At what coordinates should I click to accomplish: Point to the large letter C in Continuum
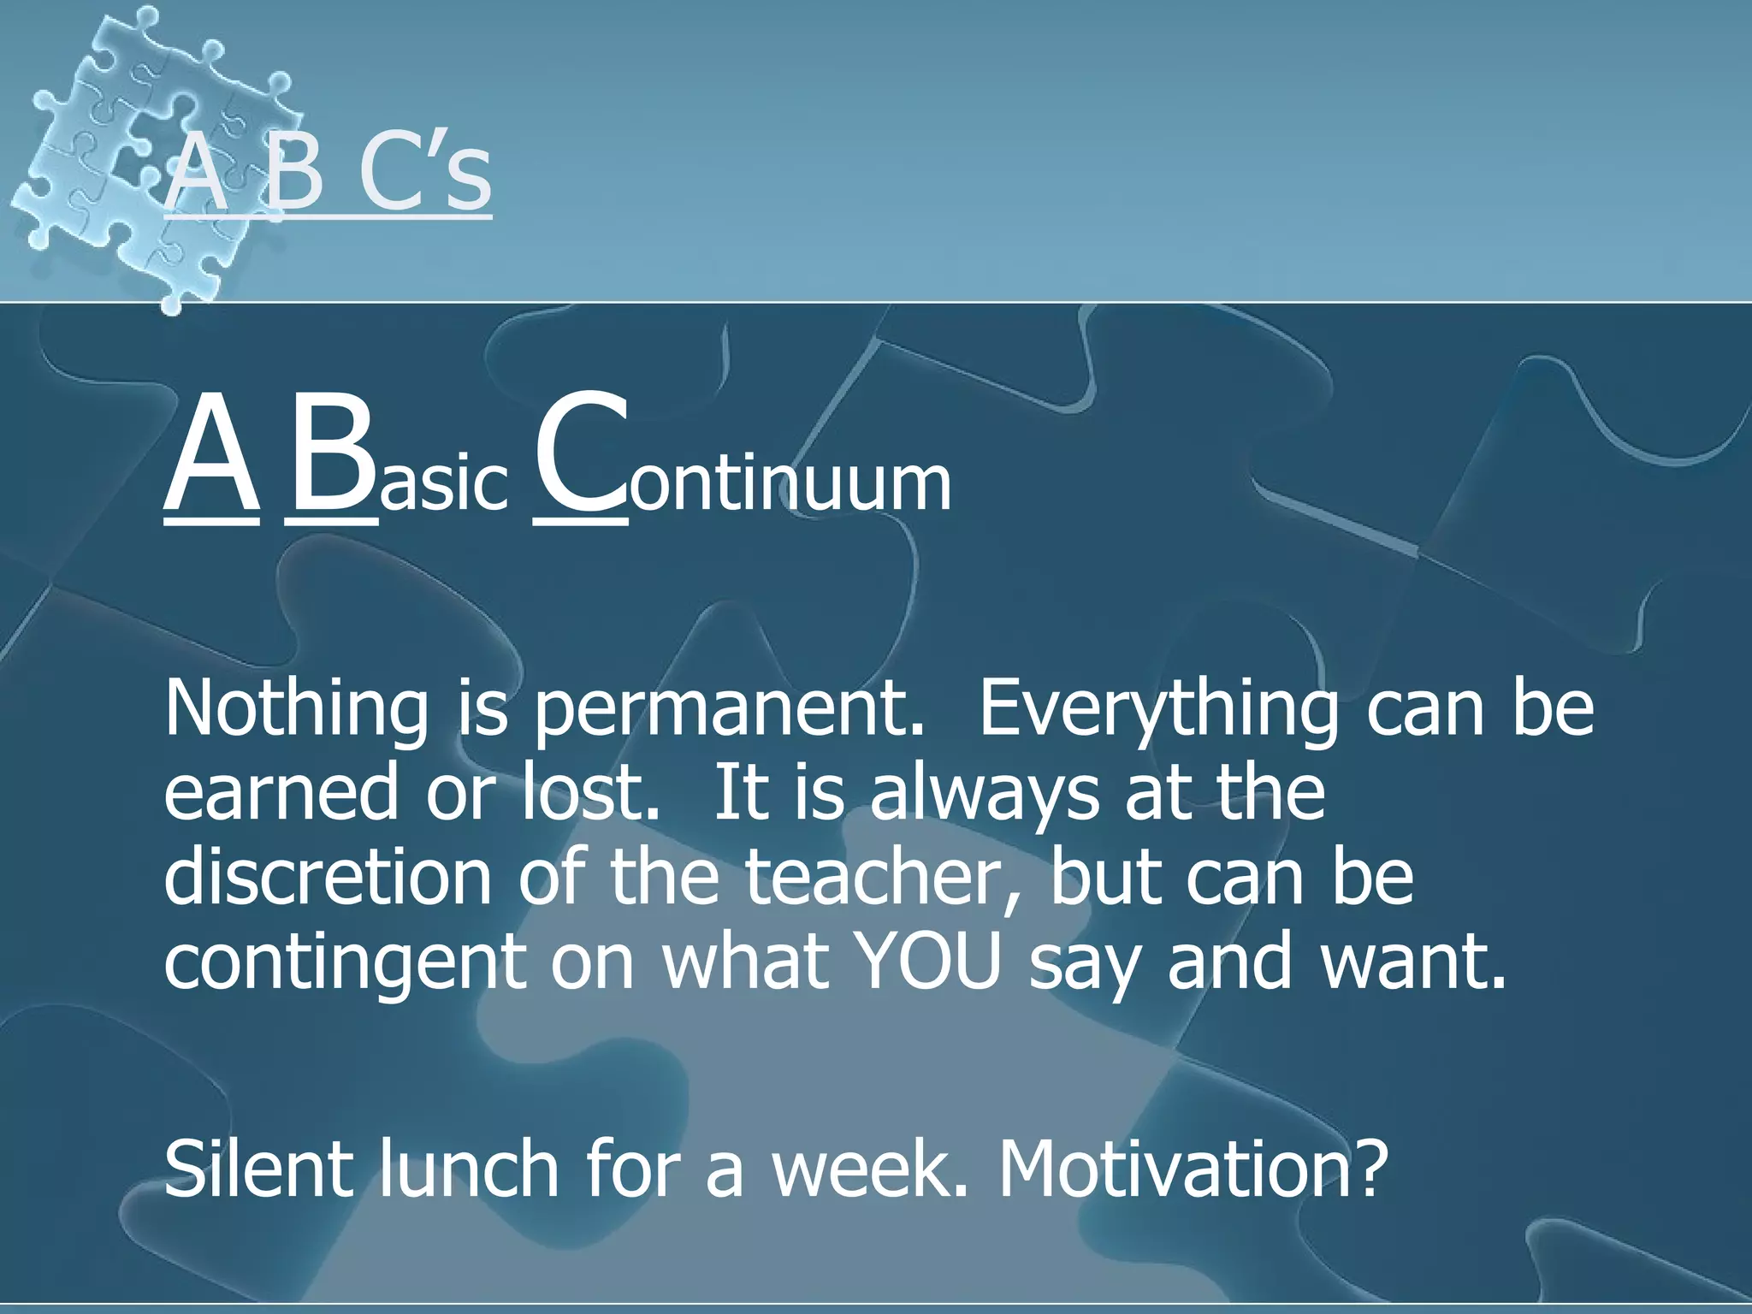(579, 453)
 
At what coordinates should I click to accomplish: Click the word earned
(281, 792)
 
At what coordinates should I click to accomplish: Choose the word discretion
(327, 878)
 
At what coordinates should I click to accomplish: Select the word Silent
(257, 1169)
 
